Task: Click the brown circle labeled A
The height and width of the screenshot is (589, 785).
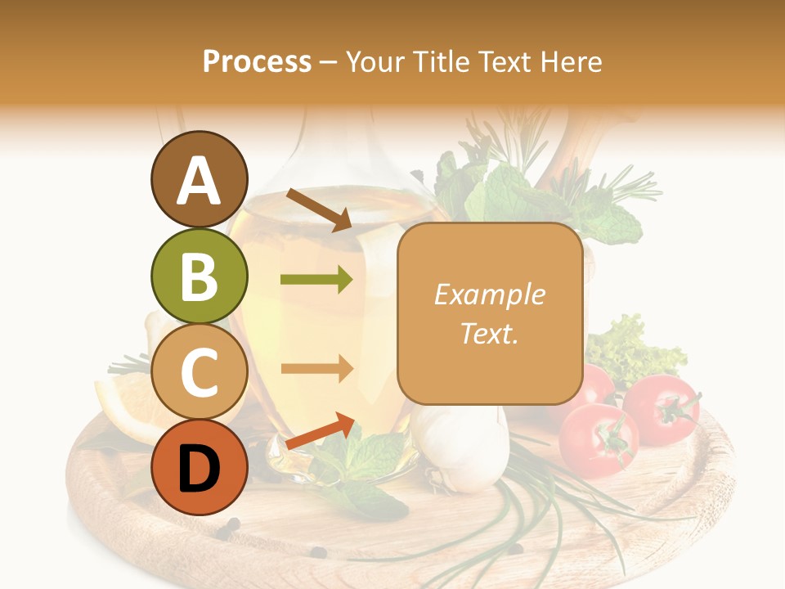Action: point(199,179)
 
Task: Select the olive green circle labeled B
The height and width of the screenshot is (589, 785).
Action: point(199,276)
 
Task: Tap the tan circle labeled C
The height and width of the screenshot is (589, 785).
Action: point(199,372)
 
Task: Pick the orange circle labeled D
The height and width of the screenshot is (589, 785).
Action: point(199,468)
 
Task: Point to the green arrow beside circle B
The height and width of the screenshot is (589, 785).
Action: point(316,280)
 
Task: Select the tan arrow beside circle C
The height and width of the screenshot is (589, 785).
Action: point(316,368)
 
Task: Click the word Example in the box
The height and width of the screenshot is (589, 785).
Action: point(489,294)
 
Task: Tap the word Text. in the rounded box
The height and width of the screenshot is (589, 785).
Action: point(489,333)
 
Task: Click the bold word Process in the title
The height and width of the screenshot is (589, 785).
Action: point(257,61)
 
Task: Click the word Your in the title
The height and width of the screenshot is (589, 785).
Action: point(377,61)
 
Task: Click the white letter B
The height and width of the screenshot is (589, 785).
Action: point(199,276)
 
